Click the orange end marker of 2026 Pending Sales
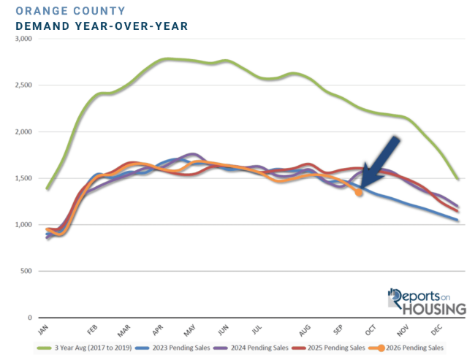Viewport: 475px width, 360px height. tap(359, 192)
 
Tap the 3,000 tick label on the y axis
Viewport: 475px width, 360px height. tap(23, 39)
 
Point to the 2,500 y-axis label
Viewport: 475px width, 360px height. tap(23, 85)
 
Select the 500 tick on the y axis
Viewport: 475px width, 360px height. tap(26, 271)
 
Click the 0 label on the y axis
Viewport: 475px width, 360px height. tap(30, 318)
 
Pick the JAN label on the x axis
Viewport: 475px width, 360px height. tap(43, 330)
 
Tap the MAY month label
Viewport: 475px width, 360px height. tap(190, 330)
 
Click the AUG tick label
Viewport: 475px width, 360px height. tap(305, 330)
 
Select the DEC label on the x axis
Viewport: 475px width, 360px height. tap(437, 330)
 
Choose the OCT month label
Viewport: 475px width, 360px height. tap(370, 330)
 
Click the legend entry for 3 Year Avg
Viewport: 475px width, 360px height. tap(84, 348)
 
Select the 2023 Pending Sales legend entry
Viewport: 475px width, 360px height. tap(172, 348)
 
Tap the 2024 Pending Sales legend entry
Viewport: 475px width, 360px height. tap(251, 348)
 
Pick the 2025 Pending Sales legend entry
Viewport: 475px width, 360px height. tap(329, 348)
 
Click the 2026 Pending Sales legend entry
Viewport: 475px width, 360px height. tap(406, 348)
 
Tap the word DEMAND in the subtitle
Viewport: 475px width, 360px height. tap(42, 26)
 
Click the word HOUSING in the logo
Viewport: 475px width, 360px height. tap(434, 309)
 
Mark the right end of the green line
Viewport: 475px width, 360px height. tap(457, 179)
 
